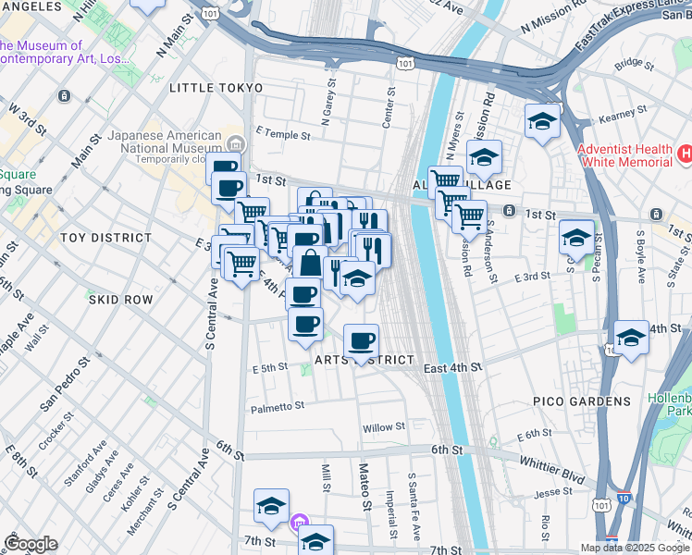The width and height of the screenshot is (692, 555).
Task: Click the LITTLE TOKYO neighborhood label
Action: [x=216, y=88]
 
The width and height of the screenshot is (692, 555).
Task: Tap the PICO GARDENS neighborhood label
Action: [x=569, y=401]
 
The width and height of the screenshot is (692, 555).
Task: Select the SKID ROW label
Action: [x=119, y=300]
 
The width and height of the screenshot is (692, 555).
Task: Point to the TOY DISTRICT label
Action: [x=99, y=238]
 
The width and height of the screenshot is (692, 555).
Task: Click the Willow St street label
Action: [x=384, y=427]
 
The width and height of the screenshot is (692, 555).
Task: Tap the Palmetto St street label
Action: [x=278, y=407]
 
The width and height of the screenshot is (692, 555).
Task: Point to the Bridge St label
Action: [x=634, y=63]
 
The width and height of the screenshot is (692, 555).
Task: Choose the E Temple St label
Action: [x=282, y=134]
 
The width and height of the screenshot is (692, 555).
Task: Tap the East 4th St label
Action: [x=453, y=368]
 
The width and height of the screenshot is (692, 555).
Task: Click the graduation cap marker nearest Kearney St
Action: [x=542, y=121]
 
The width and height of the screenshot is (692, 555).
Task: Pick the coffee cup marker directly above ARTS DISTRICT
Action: [x=361, y=340]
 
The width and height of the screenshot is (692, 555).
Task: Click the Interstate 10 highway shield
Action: [x=624, y=497]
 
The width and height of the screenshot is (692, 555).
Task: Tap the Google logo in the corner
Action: [x=31, y=544]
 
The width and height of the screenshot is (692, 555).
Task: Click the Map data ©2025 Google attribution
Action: [x=634, y=548]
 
